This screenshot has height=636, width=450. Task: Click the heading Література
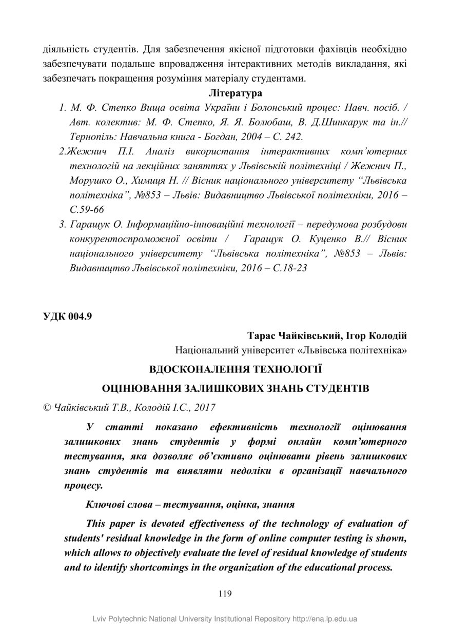[236, 93]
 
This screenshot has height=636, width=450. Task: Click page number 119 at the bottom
[225, 594]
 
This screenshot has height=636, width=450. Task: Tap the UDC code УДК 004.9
[67, 316]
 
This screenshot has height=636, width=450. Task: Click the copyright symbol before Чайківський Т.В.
[46, 408]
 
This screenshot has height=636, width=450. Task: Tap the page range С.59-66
[87, 210]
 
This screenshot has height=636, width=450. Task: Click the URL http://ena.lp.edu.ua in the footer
[325, 619]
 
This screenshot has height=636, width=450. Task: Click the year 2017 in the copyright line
[204, 408]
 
